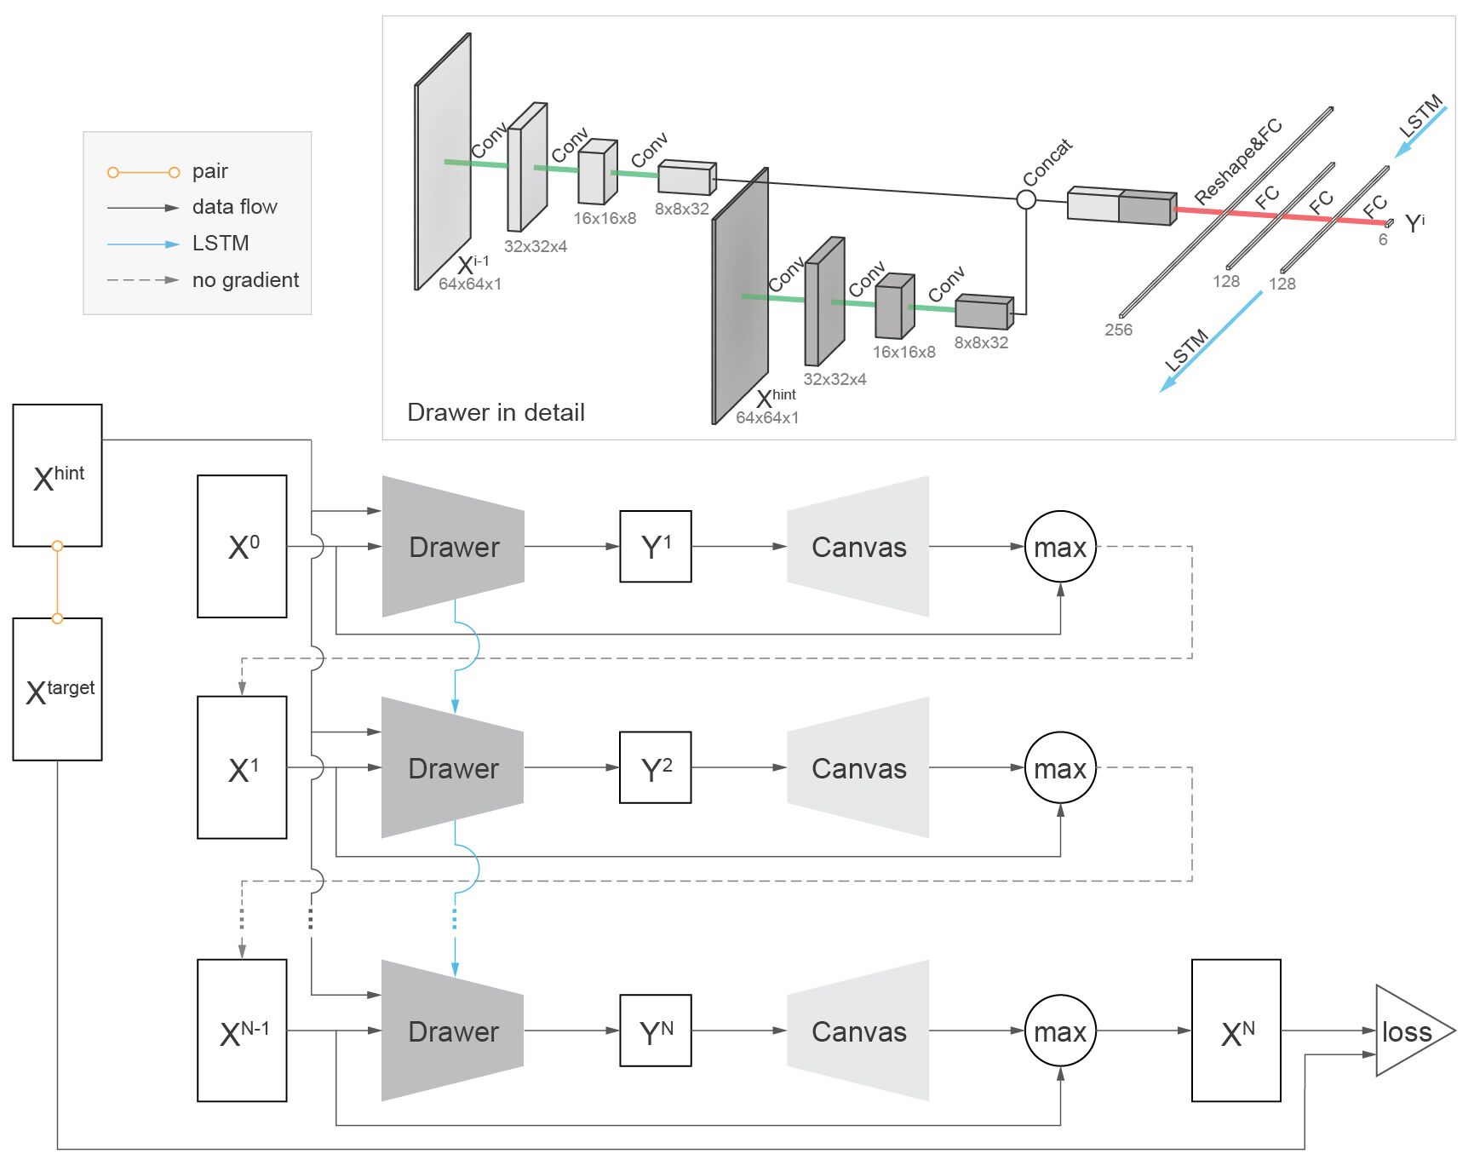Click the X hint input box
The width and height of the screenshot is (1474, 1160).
click(x=57, y=475)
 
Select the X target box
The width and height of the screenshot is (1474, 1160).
click(x=57, y=689)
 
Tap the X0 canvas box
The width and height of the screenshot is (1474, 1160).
click(x=242, y=546)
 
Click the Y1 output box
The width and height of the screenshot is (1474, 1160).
click(x=655, y=546)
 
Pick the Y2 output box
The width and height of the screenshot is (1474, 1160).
click(x=655, y=767)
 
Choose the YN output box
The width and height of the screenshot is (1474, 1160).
click(x=655, y=1031)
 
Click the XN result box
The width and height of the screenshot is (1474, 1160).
click(x=1236, y=1031)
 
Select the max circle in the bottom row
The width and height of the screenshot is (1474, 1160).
click(x=1060, y=1031)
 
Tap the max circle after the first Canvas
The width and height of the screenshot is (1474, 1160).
click(x=1060, y=546)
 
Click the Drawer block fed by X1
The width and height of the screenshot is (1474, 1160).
click(x=453, y=767)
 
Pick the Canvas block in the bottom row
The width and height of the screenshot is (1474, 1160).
click(x=858, y=1031)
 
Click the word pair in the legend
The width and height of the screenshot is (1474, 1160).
click(x=210, y=171)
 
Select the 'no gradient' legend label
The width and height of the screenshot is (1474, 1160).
click(x=245, y=280)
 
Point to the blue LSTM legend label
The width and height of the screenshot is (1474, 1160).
click(x=221, y=244)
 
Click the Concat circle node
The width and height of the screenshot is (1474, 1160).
click(x=1026, y=199)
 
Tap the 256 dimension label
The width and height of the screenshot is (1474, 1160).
click(x=1118, y=330)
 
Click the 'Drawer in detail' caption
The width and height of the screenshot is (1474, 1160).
click(x=496, y=412)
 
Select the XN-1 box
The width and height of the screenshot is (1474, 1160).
click(x=242, y=1031)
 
